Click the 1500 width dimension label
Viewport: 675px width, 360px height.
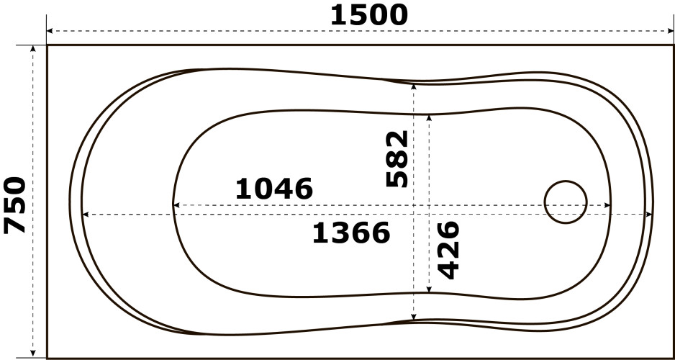369,14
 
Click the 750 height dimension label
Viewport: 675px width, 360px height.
15,205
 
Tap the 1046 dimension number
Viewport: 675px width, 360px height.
274,189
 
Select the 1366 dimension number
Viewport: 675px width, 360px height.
351,233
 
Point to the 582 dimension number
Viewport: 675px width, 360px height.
397,159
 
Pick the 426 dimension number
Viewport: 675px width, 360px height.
448,250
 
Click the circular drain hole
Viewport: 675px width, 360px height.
566,202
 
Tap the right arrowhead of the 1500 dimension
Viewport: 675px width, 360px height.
670,32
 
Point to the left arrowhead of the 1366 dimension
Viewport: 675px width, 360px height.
84,215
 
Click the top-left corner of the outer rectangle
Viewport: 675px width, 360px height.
47,45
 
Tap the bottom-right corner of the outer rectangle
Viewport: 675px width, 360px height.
673,357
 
